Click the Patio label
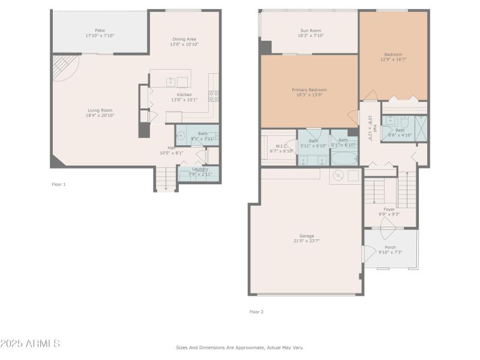(x=100, y=30)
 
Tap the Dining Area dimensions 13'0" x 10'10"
(x=184, y=44)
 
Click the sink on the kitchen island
(x=170, y=82)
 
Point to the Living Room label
(x=100, y=110)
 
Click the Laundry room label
(x=200, y=169)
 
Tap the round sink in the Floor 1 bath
(x=181, y=136)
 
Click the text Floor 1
(x=59, y=184)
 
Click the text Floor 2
(x=256, y=311)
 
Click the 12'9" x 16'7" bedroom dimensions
(x=393, y=59)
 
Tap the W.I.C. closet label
(x=281, y=146)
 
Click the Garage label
(x=307, y=236)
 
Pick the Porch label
(x=390, y=247)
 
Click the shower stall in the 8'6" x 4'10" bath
(x=421, y=127)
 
